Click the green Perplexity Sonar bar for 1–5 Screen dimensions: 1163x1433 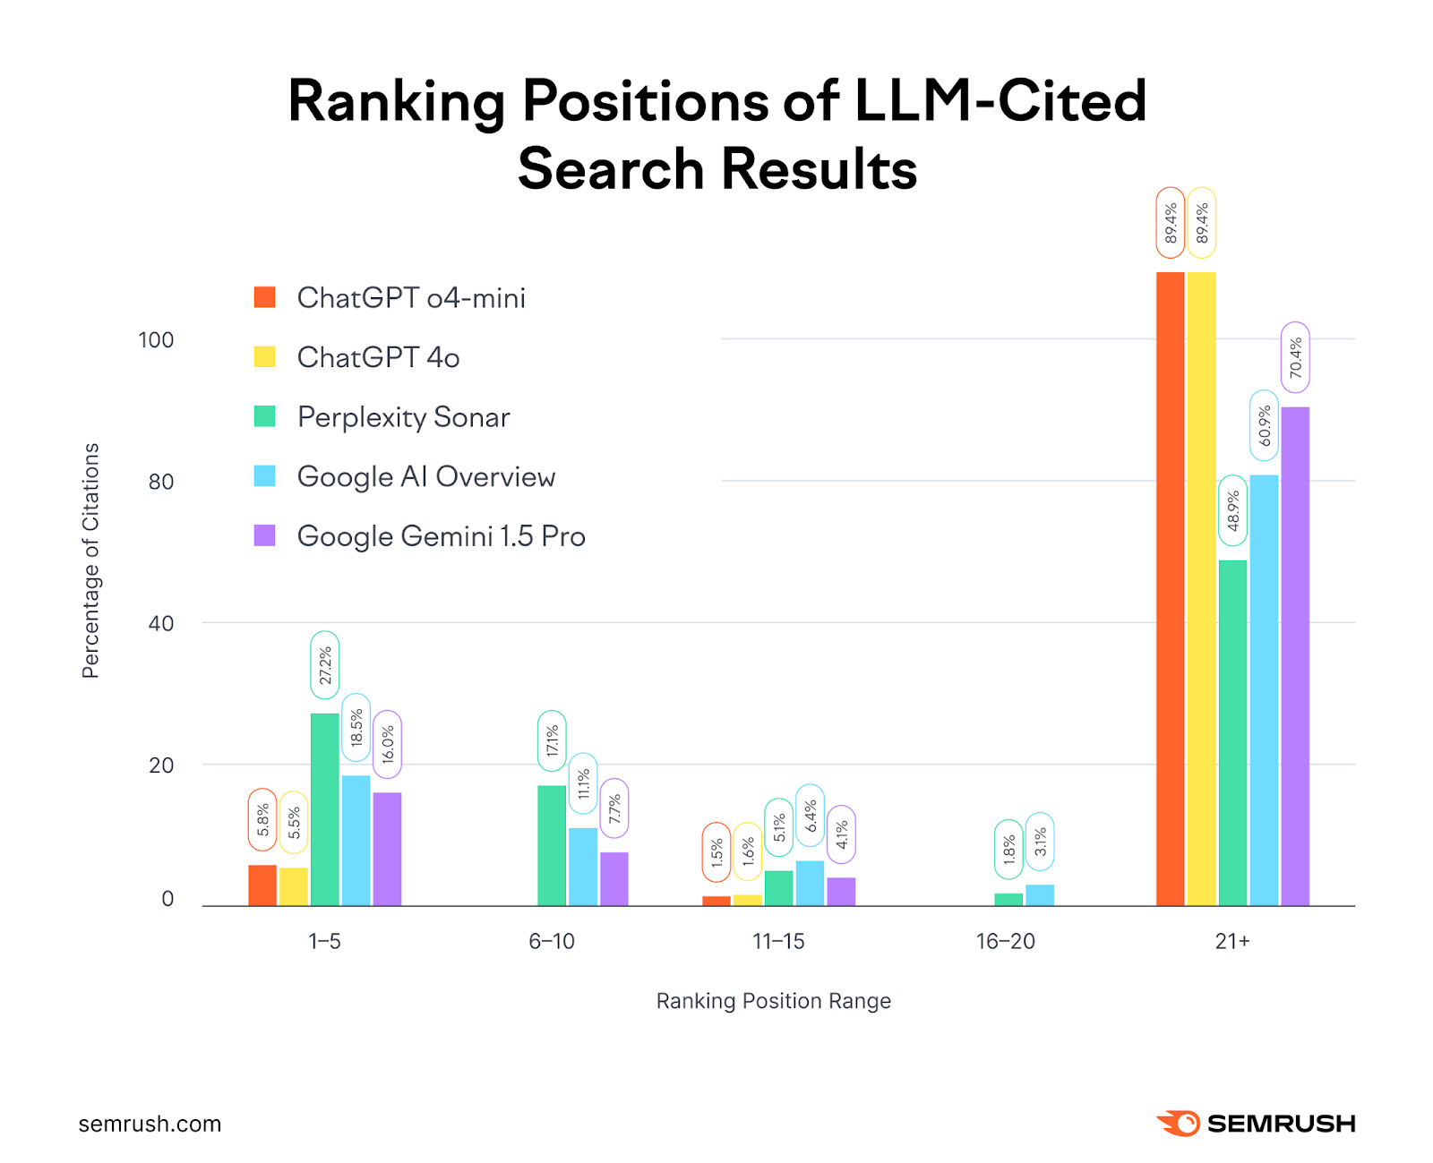324,809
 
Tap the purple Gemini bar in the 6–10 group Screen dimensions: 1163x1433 614,878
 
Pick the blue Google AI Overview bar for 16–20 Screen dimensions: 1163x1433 1039,895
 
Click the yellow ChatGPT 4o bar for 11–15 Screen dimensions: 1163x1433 747,900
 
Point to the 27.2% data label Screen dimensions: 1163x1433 325,665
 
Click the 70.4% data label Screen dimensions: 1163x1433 1295,357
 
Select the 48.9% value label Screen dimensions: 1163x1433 1232,510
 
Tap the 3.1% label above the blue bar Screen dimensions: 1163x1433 1040,842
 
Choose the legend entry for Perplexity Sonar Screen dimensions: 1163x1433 403,417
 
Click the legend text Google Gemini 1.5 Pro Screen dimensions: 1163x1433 441,536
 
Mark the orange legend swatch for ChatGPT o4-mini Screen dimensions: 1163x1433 264,297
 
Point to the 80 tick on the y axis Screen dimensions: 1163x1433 160,482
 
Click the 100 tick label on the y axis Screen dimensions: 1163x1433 156,340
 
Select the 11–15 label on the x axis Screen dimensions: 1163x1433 778,941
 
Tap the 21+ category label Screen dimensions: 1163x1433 1232,941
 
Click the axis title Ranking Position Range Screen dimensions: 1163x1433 773,1001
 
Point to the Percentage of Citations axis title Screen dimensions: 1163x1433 90,560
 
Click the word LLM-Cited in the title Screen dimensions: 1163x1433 1000,100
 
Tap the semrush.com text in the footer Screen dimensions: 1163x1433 150,1124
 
